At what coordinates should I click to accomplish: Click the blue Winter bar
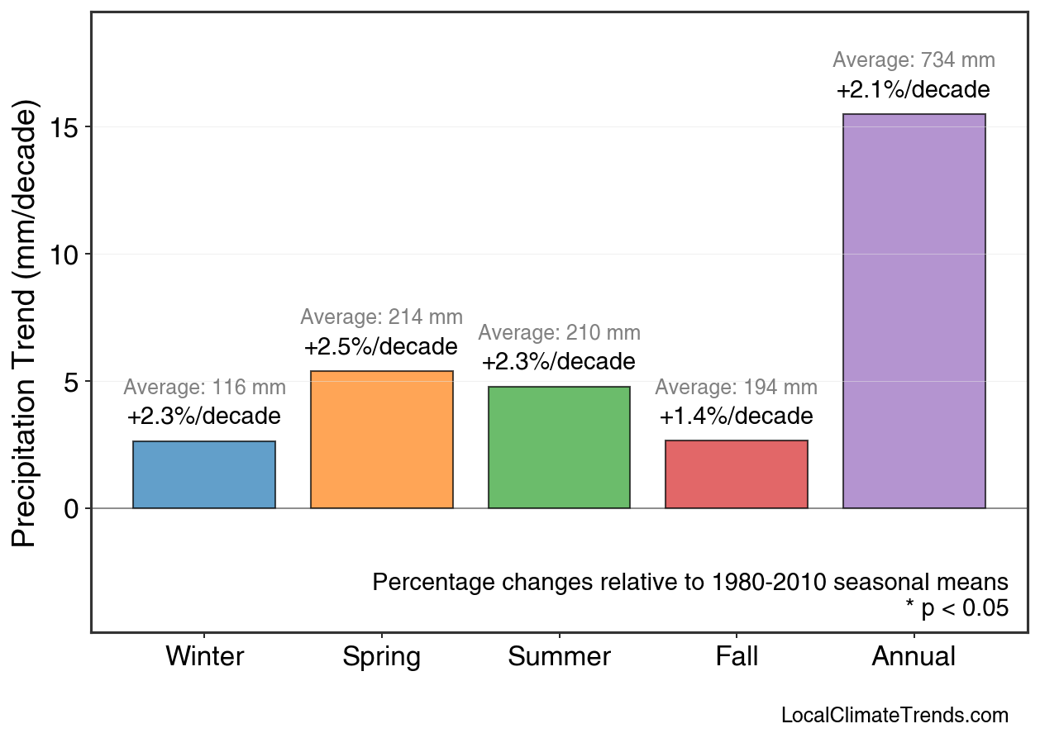point(204,474)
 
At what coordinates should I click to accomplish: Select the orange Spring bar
point(382,440)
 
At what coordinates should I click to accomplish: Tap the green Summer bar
point(559,447)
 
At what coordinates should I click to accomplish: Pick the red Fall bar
point(737,474)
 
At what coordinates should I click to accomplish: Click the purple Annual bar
point(914,311)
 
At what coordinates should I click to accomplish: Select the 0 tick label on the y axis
point(71,508)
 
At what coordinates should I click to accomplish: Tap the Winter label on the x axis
point(205,657)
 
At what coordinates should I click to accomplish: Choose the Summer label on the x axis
point(559,657)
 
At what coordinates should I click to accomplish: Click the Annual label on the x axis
point(914,657)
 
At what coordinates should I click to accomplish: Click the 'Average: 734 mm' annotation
point(914,60)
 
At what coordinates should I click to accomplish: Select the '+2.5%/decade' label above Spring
point(380,346)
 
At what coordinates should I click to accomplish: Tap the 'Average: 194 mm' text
point(736,388)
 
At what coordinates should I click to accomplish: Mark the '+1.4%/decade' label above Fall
point(736,417)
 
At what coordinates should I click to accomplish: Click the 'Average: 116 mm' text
point(204,388)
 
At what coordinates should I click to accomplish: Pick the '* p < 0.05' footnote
point(957,609)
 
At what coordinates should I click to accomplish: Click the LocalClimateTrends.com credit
point(894,716)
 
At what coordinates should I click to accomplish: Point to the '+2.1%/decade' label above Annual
point(913,89)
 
